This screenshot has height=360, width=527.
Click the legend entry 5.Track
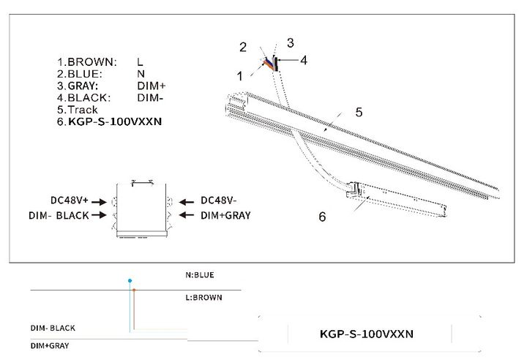coord(77,110)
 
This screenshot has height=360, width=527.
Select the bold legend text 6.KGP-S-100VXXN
coord(109,122)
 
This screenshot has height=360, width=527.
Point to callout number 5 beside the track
coord(359,112)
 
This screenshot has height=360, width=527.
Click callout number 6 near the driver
coord(322,217)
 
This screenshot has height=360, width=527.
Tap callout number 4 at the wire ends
coord(304,60)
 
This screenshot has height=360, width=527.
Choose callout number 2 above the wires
coord(243,48)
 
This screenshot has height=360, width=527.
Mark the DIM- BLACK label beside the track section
coord(61,215)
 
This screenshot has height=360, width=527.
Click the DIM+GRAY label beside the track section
coord(224,215)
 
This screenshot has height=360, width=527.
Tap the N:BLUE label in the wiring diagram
coord(200,275)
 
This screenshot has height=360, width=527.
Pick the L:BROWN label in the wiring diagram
coord(203,298)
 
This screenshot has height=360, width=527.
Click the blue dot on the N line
coord(130,280)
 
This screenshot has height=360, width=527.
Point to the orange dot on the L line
coord(134,290)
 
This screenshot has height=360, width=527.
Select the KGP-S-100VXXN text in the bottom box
coord(367,334)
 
